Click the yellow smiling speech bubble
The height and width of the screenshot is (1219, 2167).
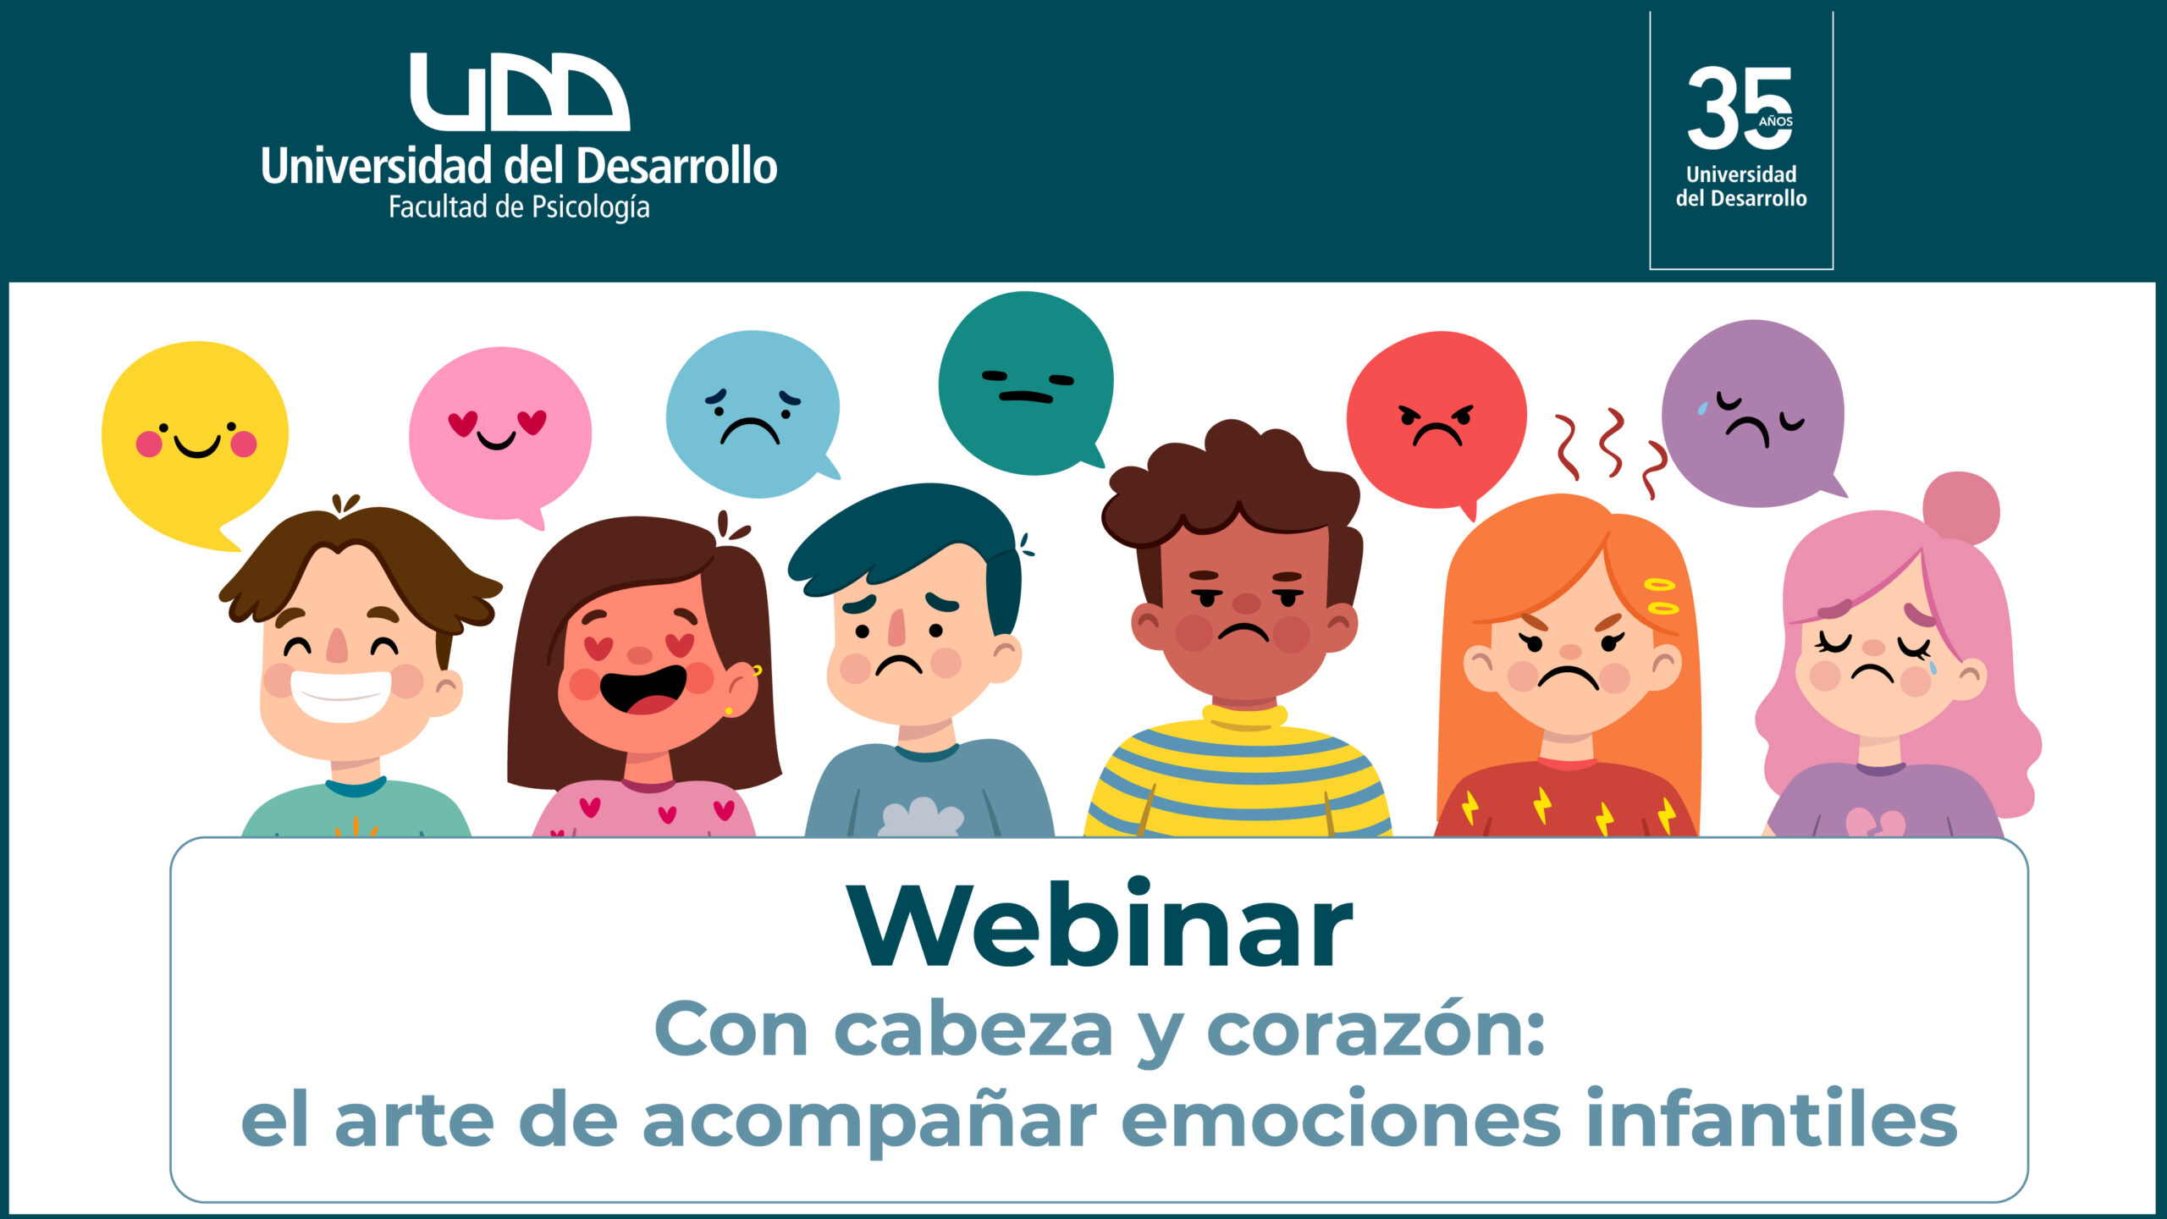(195, 440)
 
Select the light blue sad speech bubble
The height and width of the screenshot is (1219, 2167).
(752, 413)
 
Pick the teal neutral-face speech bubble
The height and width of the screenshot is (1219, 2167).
(1026, 383)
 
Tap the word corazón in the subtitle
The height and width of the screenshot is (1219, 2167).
(1376, 1030)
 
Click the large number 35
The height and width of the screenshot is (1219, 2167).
(1740, 108)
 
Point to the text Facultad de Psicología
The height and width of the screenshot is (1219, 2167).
(519, 207)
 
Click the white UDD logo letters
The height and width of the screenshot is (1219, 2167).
(520, 91)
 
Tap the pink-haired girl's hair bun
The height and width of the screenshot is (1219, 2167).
(1961, 508)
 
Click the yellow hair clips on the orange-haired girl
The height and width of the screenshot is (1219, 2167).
(1661, 596)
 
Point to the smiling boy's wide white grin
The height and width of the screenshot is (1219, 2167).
(340, 696)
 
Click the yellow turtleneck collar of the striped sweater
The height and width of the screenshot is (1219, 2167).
(1244, 718)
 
